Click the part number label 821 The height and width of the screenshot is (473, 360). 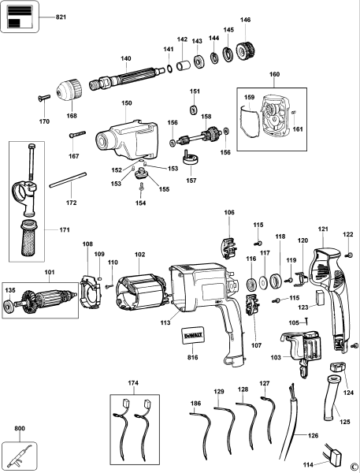tap(60, 17)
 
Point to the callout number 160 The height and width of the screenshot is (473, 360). tap(274, 77)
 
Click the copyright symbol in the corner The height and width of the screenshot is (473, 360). tap(354, 466)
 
